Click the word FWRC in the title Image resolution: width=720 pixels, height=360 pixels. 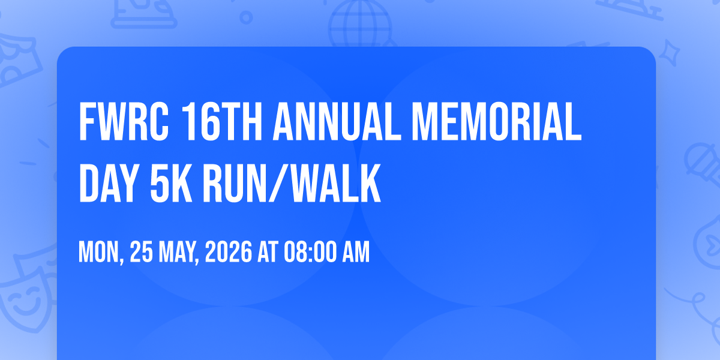pyautogui.click(x=124, y=122)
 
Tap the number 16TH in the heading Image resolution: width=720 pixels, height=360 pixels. pyautogui.click(x=222, y=122)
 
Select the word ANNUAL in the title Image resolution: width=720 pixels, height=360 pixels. pyautogui.click(x=337, y=122)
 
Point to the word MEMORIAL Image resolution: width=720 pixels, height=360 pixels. pyautogui.click(x=497, y=122)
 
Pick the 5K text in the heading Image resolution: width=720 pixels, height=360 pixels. pyautogui.click(x=172, y=183)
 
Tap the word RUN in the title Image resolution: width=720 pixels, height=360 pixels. pyautogui.click(x=235, y=183)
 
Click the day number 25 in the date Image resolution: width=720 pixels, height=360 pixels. pyautogui.click(x=141, y=252)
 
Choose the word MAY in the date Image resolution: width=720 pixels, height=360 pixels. pyautogui.click(x=179, y=253)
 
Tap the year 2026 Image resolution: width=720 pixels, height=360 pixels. pyautogui.click(x=229, y=252)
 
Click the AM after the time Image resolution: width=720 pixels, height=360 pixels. pyautogui.click(x=356, y=252)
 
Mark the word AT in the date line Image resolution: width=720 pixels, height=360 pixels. pyautogui.click(x=268, y=252)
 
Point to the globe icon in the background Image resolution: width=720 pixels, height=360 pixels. pyautogui.click(x=360, y=24)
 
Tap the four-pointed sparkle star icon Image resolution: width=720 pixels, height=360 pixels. pyautogui.click(x=669, y=53)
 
